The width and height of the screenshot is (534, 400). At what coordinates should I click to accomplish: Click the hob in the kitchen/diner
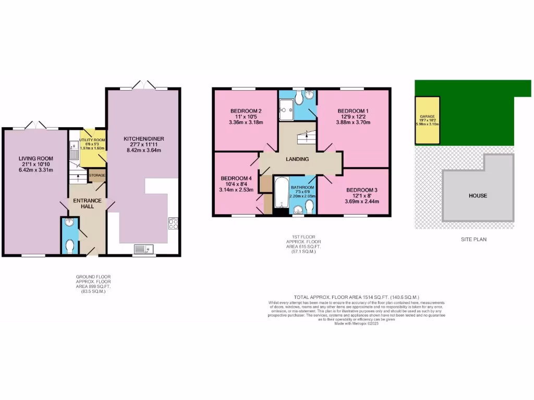pyautogui.click(x=173, y=224)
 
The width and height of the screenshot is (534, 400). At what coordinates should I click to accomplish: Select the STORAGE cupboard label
pyautogui.click(x=97, y=176)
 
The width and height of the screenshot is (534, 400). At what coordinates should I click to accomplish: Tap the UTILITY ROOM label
pyautogui.click(x=93, y=140)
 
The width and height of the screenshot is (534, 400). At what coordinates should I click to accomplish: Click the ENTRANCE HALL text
pyautogui.click(x=88, y=204)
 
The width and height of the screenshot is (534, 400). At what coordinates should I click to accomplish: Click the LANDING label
pyautogui.click(x=297, y=159)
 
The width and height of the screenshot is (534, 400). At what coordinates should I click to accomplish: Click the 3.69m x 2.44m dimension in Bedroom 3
pyautogui.click(x=361, y=202)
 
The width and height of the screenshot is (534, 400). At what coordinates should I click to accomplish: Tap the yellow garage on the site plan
pyautogui.click(x=427, y=120)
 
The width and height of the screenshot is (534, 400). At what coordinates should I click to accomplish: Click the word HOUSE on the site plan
pyautogui.click(x=478, y=196)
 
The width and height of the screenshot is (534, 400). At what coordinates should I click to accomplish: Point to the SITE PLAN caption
pyautogui.click(x=474, y=240)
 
